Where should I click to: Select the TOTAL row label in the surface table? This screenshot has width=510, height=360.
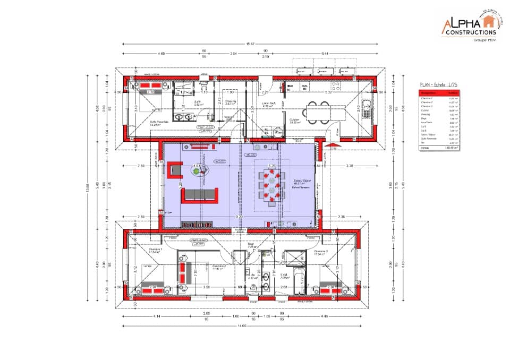click(425, 149)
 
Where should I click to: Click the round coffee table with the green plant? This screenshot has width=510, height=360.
click(200, 170)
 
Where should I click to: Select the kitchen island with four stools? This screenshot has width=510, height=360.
click(325, 112)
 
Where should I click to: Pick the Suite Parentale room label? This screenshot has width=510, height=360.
click(159, 122)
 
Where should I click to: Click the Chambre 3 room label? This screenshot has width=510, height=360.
click(321, 251)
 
